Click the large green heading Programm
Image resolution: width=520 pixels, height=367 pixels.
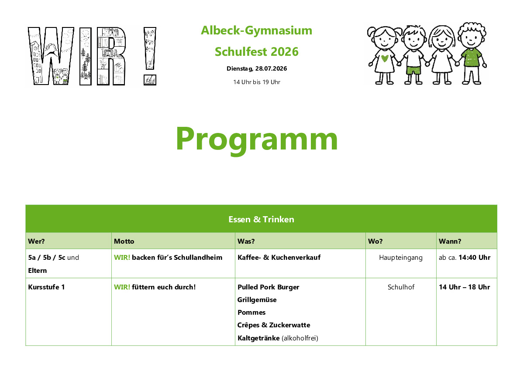[257, 139]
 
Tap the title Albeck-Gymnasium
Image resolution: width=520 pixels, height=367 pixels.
[256, 31]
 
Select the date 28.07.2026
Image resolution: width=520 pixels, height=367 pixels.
[271, 68]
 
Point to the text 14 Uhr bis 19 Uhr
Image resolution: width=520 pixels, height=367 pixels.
[257, 82]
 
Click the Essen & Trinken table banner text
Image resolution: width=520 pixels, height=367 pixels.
[262, 219]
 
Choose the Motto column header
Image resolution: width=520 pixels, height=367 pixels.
[124, 241]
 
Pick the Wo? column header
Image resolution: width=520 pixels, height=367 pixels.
[375, 241]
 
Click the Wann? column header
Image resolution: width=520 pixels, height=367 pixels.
[450, 241]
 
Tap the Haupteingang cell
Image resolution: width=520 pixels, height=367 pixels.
[401, 258]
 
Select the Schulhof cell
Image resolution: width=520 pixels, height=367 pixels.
[401, 287]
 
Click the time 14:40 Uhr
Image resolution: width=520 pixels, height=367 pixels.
[474, 258]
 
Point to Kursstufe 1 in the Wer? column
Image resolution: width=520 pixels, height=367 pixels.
[46, 287]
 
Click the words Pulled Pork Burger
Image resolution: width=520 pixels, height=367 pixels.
[268, 287]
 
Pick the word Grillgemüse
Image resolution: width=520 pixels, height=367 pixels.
[257, 300]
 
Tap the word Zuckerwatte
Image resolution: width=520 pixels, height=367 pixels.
[289, 325]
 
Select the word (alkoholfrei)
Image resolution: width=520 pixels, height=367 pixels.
[300, 338]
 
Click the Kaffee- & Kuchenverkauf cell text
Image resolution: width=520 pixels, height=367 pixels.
[279, 258]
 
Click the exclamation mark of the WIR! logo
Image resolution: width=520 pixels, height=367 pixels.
[150, 56]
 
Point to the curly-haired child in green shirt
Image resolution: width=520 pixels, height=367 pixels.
[472, 53]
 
